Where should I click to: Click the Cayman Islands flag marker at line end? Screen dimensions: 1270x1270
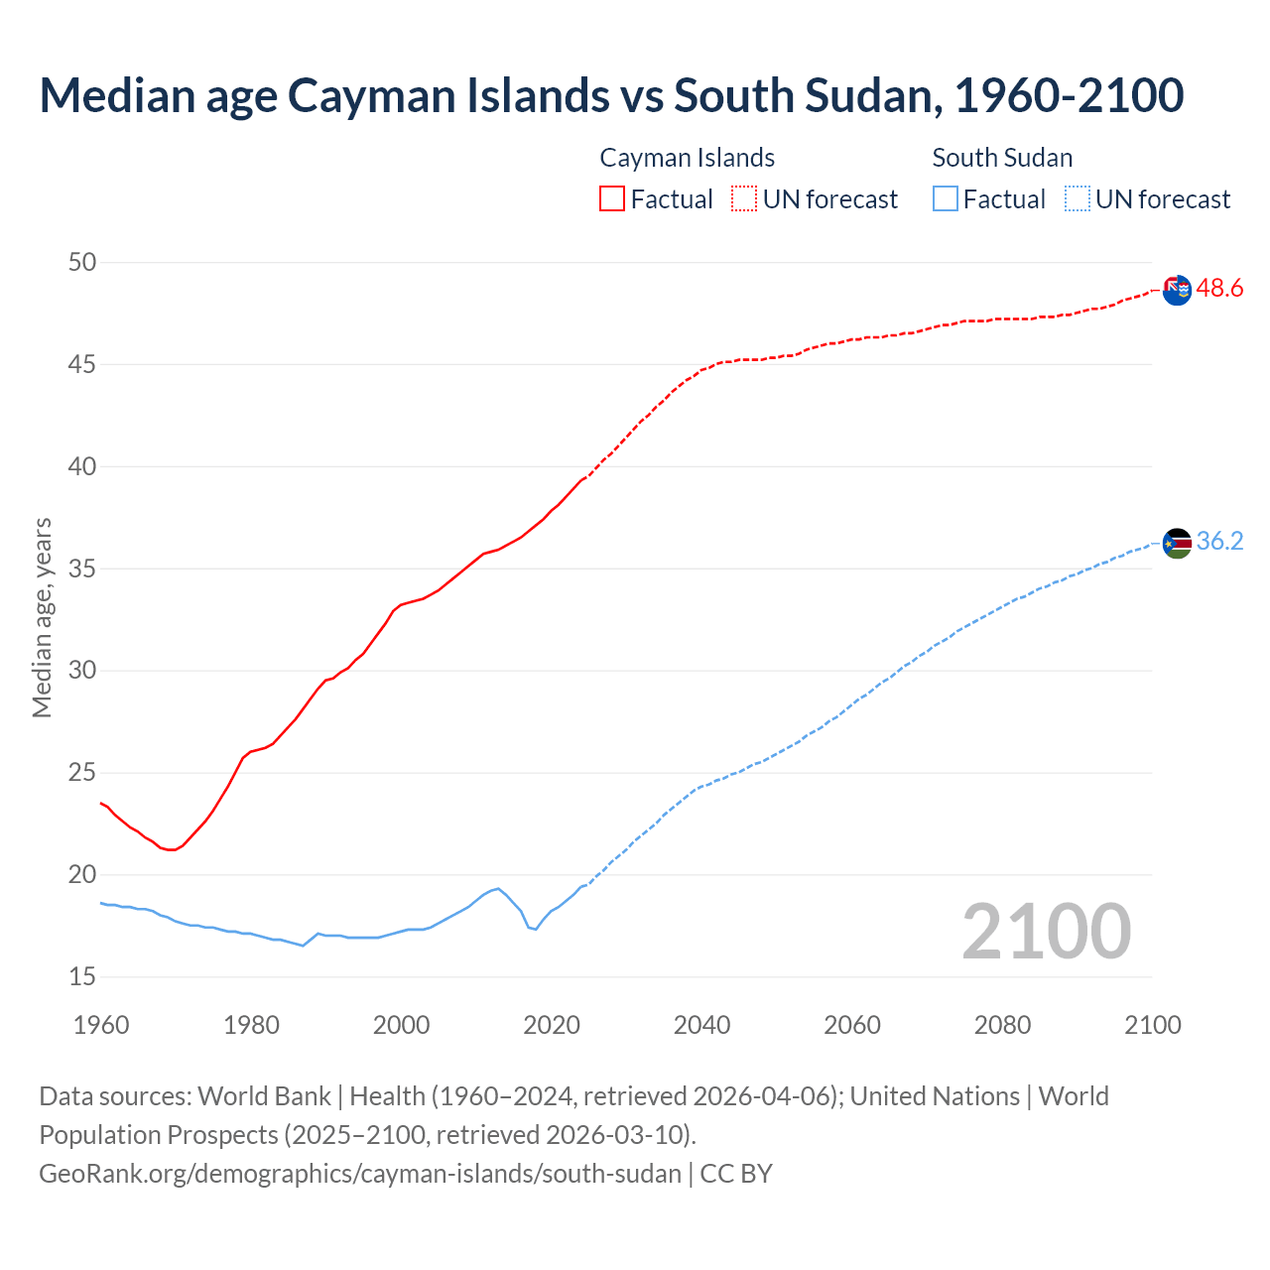(x=1177, y=290)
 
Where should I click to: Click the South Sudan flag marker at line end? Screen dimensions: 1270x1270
(x=1177, y=543)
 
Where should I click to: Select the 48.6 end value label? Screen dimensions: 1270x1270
(x=1219, y=289)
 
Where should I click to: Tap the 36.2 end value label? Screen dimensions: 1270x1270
(x=1219, y=542)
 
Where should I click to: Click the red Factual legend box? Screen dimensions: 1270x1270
(x=612, y=199)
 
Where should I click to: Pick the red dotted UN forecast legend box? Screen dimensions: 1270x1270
(x=744, y=199)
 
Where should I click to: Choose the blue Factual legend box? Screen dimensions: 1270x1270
(x=945, y=199)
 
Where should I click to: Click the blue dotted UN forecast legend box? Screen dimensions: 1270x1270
(x=1077, y=199)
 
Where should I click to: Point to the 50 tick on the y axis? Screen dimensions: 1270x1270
(x=82, y=263)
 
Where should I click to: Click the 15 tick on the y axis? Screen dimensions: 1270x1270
(x=82, y=977)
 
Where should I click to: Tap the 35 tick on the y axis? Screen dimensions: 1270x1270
(x=82, y=570)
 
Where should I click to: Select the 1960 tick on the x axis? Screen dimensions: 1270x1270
(x=101, y=1025)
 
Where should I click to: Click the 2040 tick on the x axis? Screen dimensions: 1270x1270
(x=701, y=1025)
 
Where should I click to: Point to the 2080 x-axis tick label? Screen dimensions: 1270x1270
(x=1002, y=1025)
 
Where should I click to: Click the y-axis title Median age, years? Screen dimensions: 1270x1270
(x=42, y=617)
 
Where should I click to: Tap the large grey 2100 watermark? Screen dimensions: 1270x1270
(x=1046, y=931)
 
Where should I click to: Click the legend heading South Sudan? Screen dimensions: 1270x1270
(x=1002, y=158)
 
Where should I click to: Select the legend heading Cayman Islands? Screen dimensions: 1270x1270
(x=687, y=158)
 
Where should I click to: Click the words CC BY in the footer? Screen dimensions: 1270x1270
(x=736, y=1174)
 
